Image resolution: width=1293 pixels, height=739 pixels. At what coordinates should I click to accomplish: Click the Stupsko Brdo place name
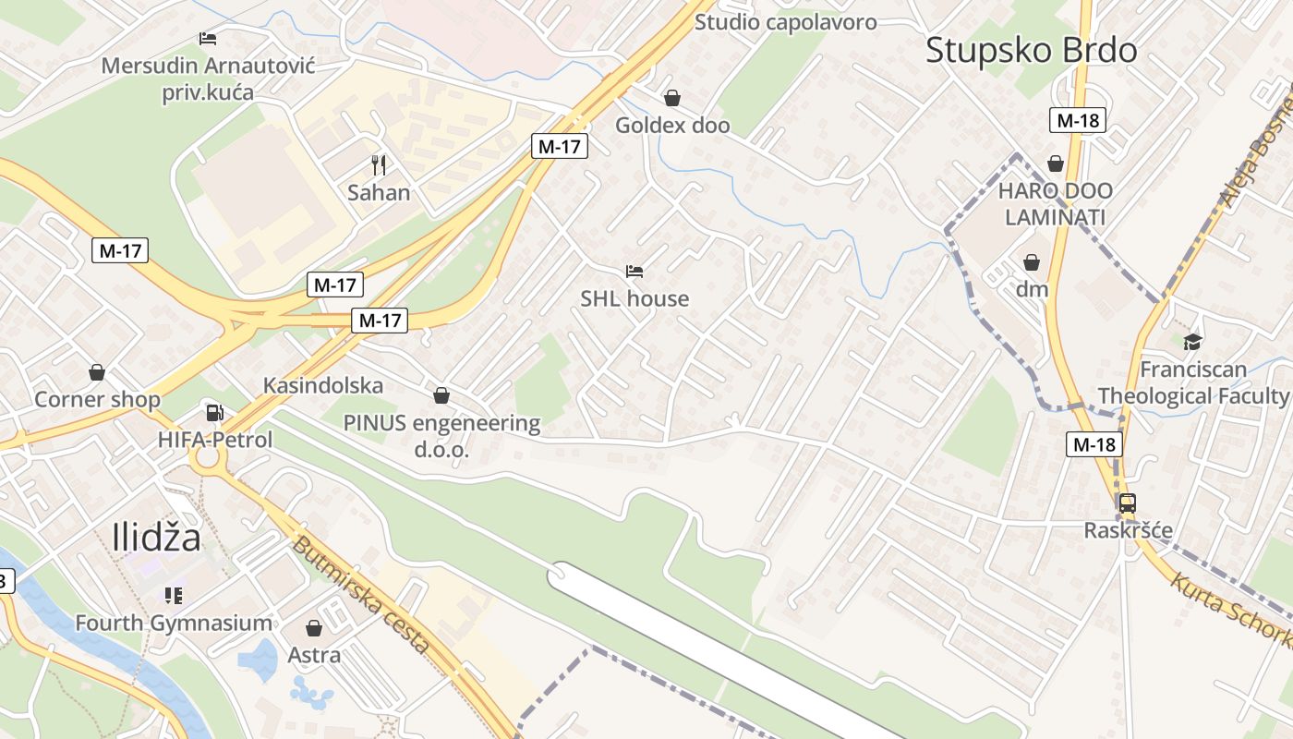pos(1031,50)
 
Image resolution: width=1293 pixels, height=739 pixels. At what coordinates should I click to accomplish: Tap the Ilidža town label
pos(156,537)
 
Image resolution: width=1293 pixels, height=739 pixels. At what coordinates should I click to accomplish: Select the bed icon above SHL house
pos(634,272)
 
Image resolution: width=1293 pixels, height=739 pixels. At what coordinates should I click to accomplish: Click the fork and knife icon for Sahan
pos(378,165)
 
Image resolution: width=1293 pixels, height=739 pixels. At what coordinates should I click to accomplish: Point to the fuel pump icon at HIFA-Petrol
pos(214,413)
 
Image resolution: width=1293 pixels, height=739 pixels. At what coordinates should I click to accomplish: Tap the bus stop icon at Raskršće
pos(1127,503)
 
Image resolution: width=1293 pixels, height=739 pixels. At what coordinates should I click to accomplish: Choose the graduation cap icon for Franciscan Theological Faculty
pos(1193,342)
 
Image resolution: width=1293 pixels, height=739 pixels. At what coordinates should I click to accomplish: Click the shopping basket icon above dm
pos(1032,263)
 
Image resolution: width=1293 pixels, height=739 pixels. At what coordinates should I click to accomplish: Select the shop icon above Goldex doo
pos(672,98)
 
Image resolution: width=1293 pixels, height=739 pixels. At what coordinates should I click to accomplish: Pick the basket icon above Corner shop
pos(97,372)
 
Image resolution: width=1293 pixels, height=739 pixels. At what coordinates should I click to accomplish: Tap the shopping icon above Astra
pos(314,628)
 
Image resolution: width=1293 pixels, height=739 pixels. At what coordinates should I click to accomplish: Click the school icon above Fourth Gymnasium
pos(174,596)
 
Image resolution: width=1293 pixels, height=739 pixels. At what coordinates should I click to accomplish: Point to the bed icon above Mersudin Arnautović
pos(208,39)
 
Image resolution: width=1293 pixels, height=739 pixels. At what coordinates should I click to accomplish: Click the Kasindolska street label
pos(323,385)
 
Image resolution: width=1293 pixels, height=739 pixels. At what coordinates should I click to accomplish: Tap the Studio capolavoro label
pos(785,22)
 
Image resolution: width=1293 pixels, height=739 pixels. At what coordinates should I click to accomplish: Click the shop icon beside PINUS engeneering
pos(441,395)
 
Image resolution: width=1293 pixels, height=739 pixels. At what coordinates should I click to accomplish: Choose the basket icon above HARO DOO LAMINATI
pos(1056,164)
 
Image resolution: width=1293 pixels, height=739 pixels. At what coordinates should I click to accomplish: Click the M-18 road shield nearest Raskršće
pos(1094,444)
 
